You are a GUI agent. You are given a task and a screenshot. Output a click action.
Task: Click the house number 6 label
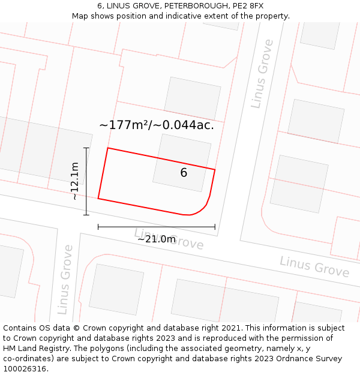click(x=184, y=173)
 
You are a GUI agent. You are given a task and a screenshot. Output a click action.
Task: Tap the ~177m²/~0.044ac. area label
click(x=156, y=125)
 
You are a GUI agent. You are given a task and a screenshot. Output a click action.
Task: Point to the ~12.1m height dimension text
click(x=74, y=181)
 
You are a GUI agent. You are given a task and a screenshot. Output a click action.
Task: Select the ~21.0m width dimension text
click(x=157, y=239)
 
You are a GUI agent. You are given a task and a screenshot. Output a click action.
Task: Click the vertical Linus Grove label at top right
click(x=262, y=74)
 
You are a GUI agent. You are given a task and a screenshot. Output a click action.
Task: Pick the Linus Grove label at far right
click(x=314, y=266)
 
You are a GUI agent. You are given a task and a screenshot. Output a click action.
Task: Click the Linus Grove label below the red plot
click(x=169, y=239)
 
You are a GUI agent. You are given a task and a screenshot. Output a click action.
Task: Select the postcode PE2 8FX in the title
click(x=247, y=6)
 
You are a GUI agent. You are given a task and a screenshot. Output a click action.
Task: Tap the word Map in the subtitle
click(x=81, y=16)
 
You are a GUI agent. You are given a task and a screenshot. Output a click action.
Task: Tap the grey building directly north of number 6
click(x=192, y=98)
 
